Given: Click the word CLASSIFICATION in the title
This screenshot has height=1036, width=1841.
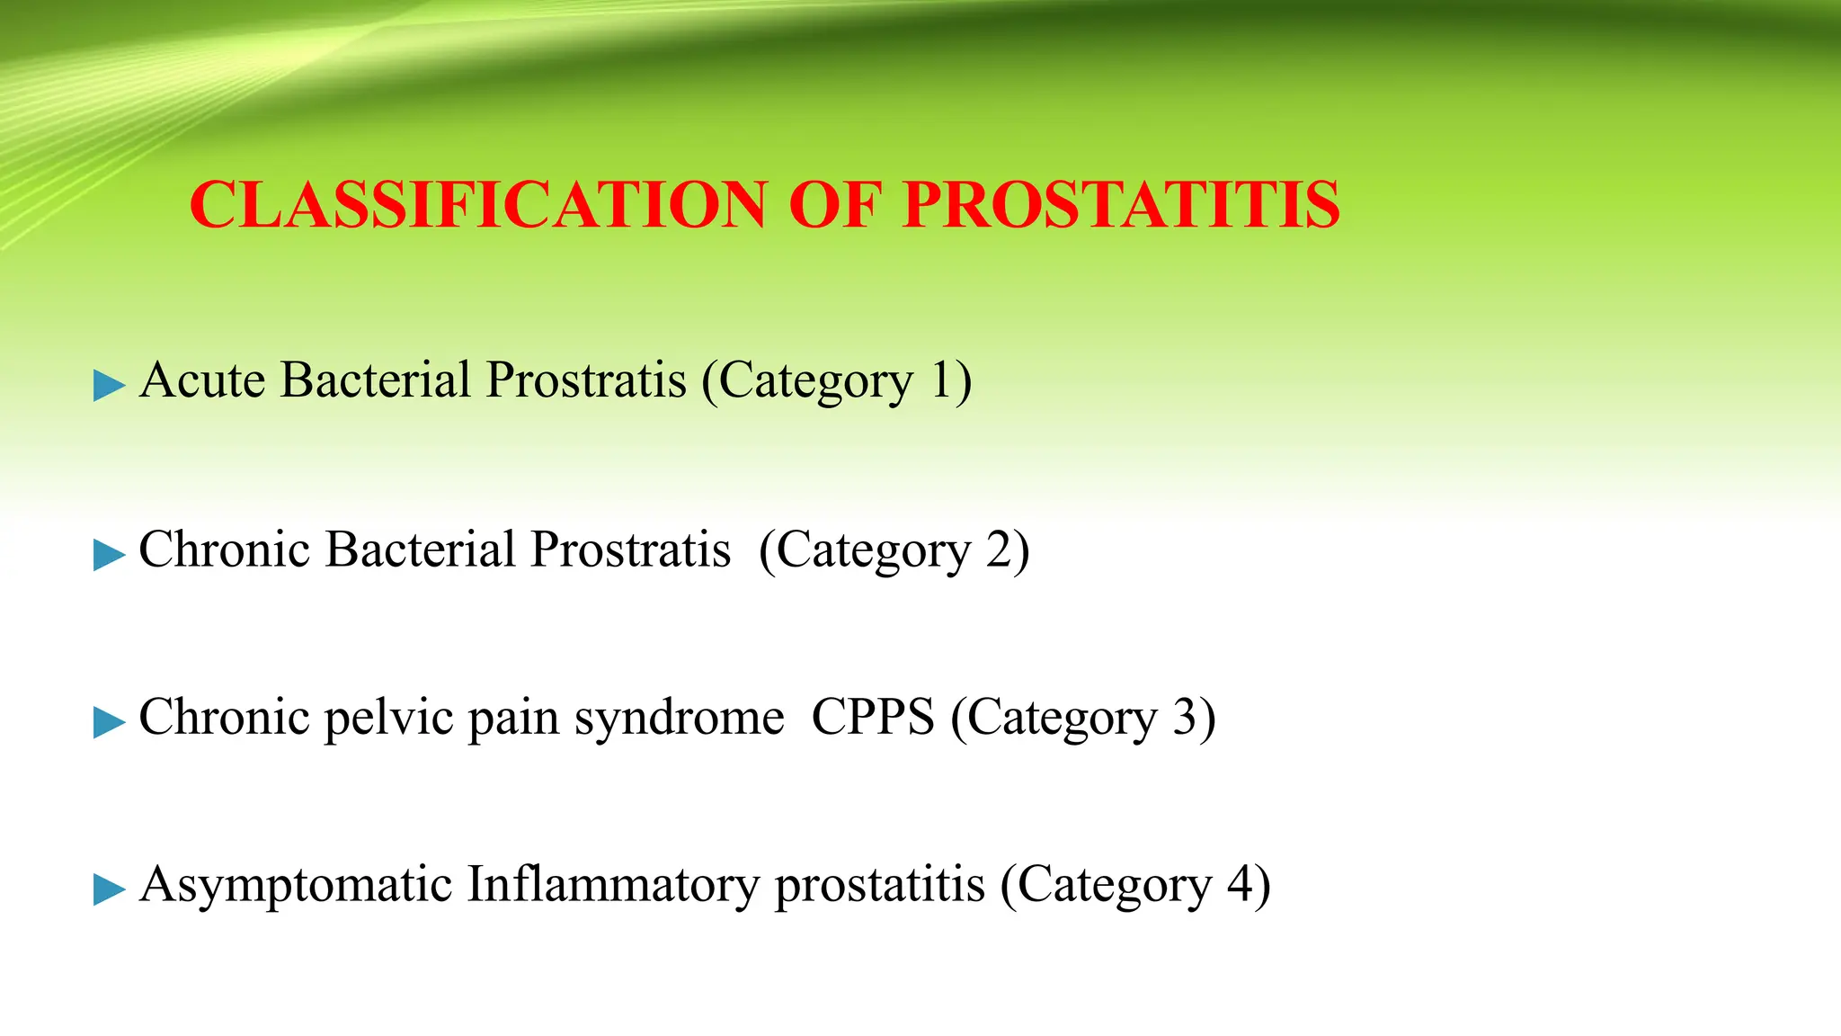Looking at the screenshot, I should click(x=478, y=205).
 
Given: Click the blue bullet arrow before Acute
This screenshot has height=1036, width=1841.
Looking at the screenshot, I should click(x=109, y=386).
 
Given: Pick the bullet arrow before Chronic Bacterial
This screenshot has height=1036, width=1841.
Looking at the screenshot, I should click(x=109, y=555).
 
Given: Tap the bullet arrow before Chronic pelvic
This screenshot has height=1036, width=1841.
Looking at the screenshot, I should click(x=109, y=722).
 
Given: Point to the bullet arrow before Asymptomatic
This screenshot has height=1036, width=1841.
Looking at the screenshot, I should click(x=109, y=889).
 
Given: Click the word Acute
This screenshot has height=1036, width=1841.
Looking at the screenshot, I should click(x=202, y=380).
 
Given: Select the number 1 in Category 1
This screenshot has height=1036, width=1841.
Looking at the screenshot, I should click(x=940, y=380).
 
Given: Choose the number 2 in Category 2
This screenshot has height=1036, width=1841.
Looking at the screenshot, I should click(x=999, y=549).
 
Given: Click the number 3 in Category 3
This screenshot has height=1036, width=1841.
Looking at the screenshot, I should click(x=1185, y=718).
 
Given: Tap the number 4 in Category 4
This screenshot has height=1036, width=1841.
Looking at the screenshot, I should click(x=1241, y=884).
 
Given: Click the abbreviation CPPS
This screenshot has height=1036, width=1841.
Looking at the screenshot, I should click(x=873, y=718).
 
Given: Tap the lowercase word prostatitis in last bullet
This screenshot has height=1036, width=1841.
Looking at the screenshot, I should click(x=879, y=886).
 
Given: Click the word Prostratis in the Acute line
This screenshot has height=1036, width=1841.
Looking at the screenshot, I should click(x=586, y=380).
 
